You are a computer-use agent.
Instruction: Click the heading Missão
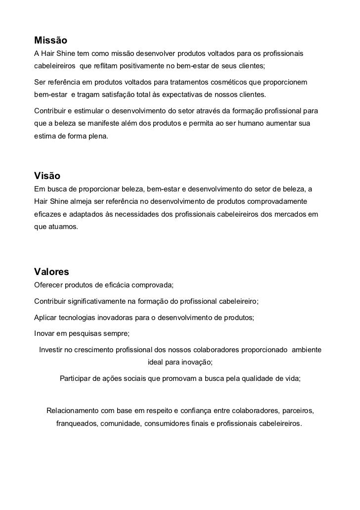pyautogui.click(x=50, y=39)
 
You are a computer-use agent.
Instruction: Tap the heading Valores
pyautogui.click(x=52, y=272)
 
